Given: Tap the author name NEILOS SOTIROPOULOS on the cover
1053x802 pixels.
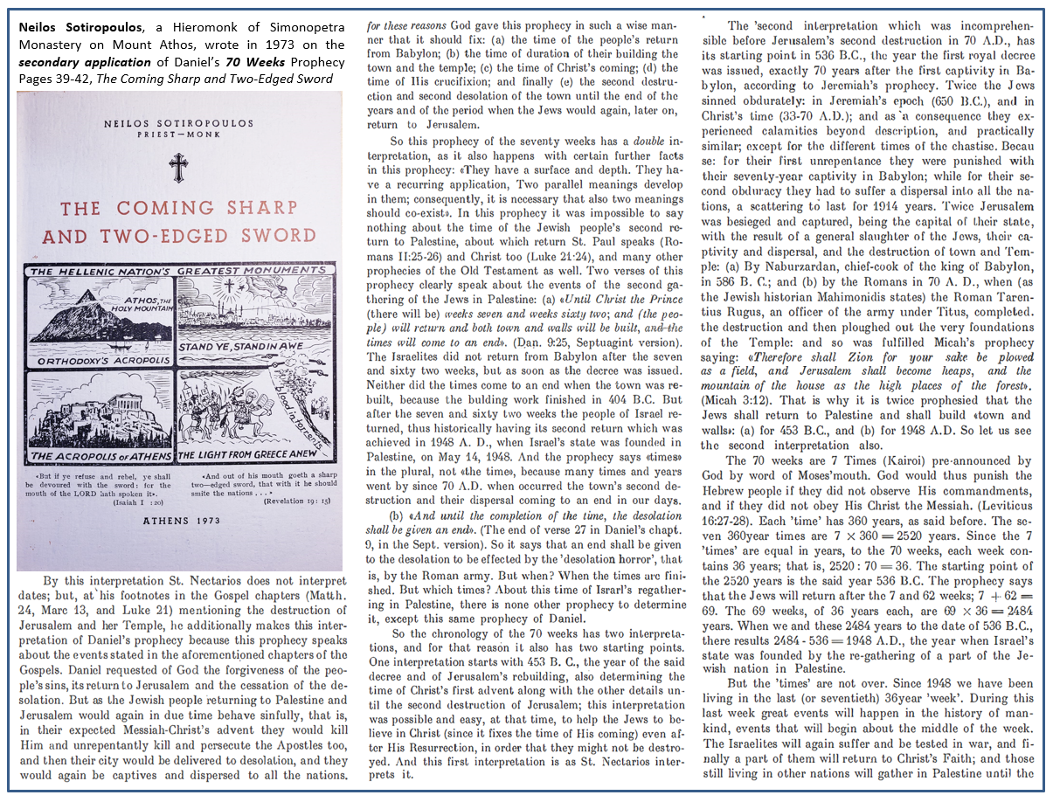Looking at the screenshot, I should coord(179,125).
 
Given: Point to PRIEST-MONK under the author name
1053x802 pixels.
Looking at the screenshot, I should coord(179,137).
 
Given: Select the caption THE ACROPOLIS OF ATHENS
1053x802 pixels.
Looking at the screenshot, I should coord(100,456).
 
